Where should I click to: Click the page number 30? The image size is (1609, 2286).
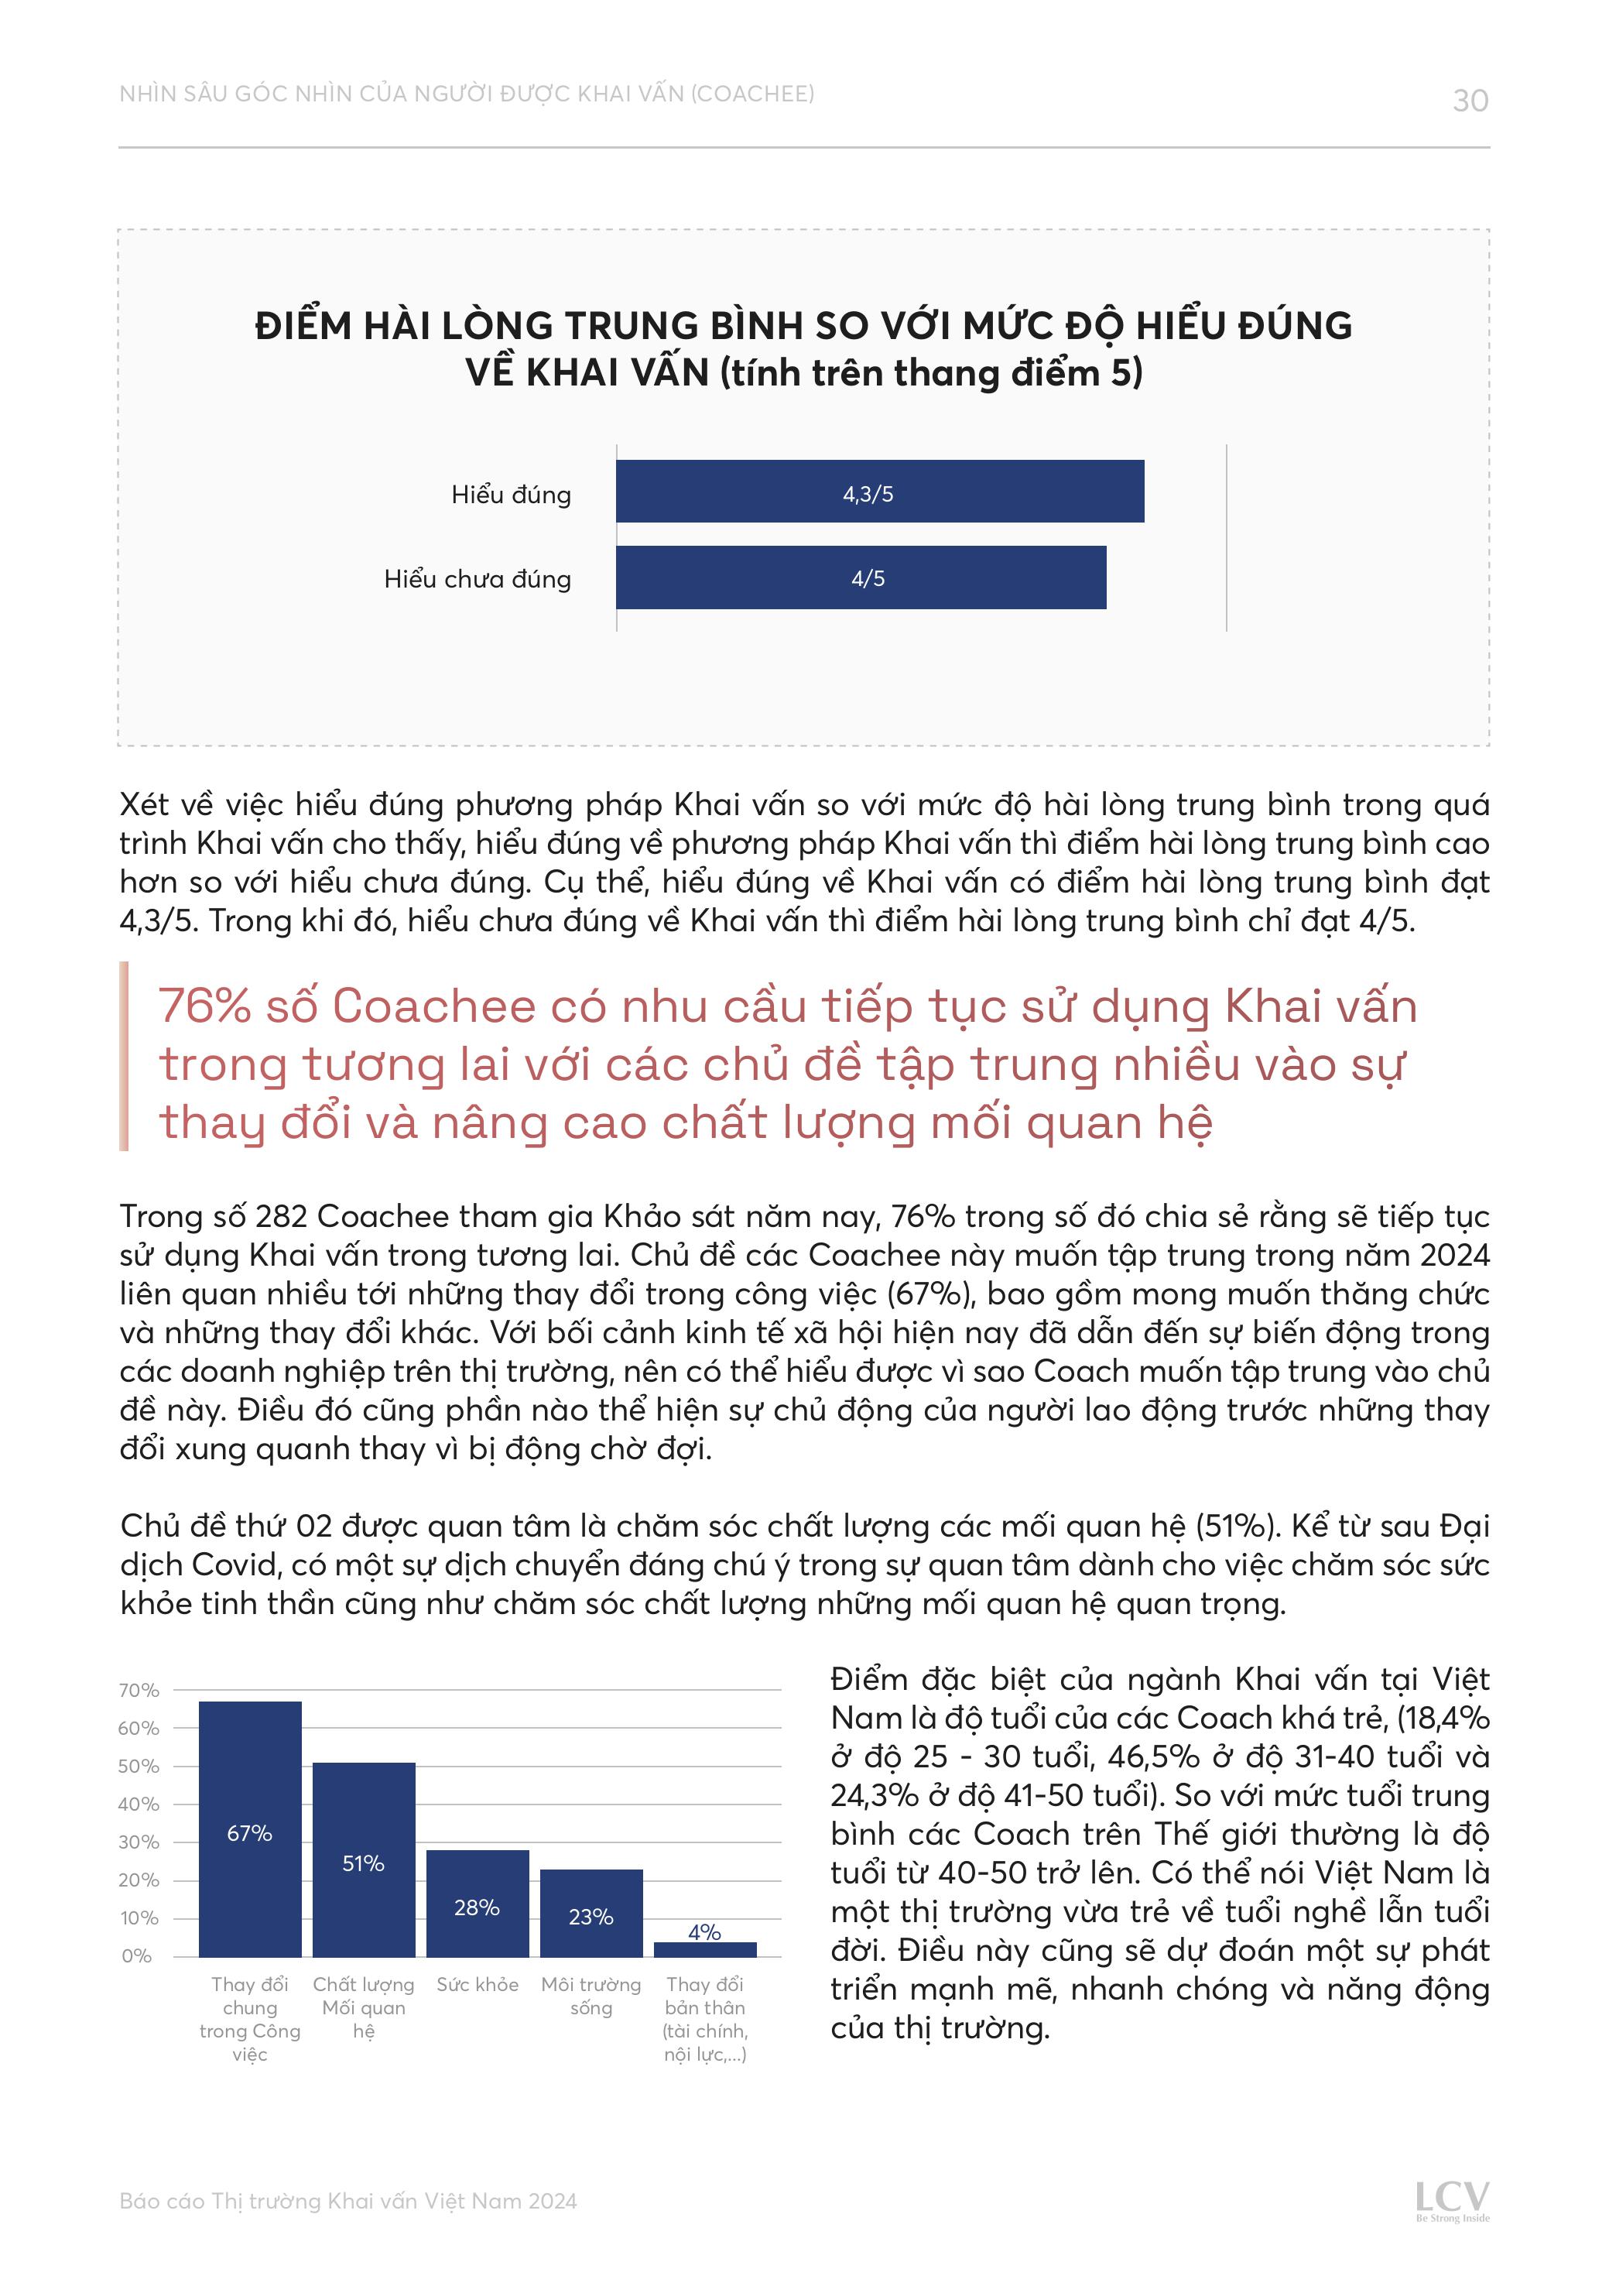(x=1470, y=101)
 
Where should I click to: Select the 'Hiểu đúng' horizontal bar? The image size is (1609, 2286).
(x=879, y=491)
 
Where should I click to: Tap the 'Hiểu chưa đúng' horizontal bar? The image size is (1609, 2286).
(x=861, y=577)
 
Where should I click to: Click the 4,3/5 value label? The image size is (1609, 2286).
(x=868, y=494)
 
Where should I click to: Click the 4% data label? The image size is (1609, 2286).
(x=704, y=1931)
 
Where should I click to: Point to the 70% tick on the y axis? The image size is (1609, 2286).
(x=139, y=1691)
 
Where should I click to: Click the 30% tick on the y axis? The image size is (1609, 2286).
(x=139, y=1842)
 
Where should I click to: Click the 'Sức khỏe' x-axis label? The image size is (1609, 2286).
(x=477, y=1984)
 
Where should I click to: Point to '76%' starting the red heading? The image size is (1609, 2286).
(x=204, y=1006)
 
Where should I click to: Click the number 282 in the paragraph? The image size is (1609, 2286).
(x=282, y=1217)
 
